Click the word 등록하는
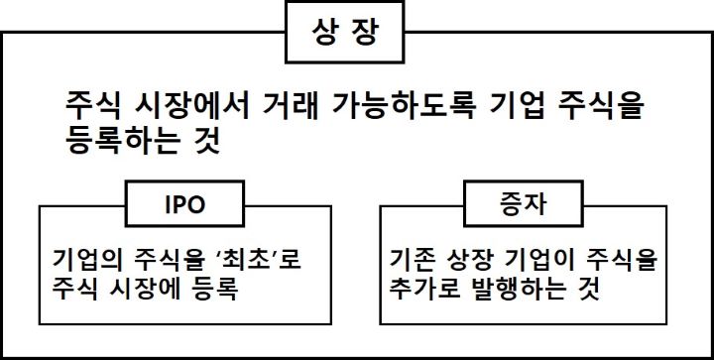(x=117, y=141)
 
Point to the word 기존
(x=415, y=260)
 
